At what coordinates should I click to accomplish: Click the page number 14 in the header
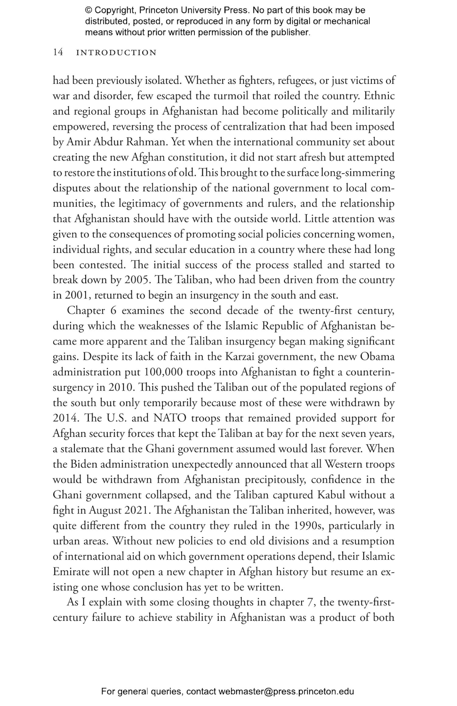click(58, 52)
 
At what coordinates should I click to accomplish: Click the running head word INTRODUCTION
click(116, 53)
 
